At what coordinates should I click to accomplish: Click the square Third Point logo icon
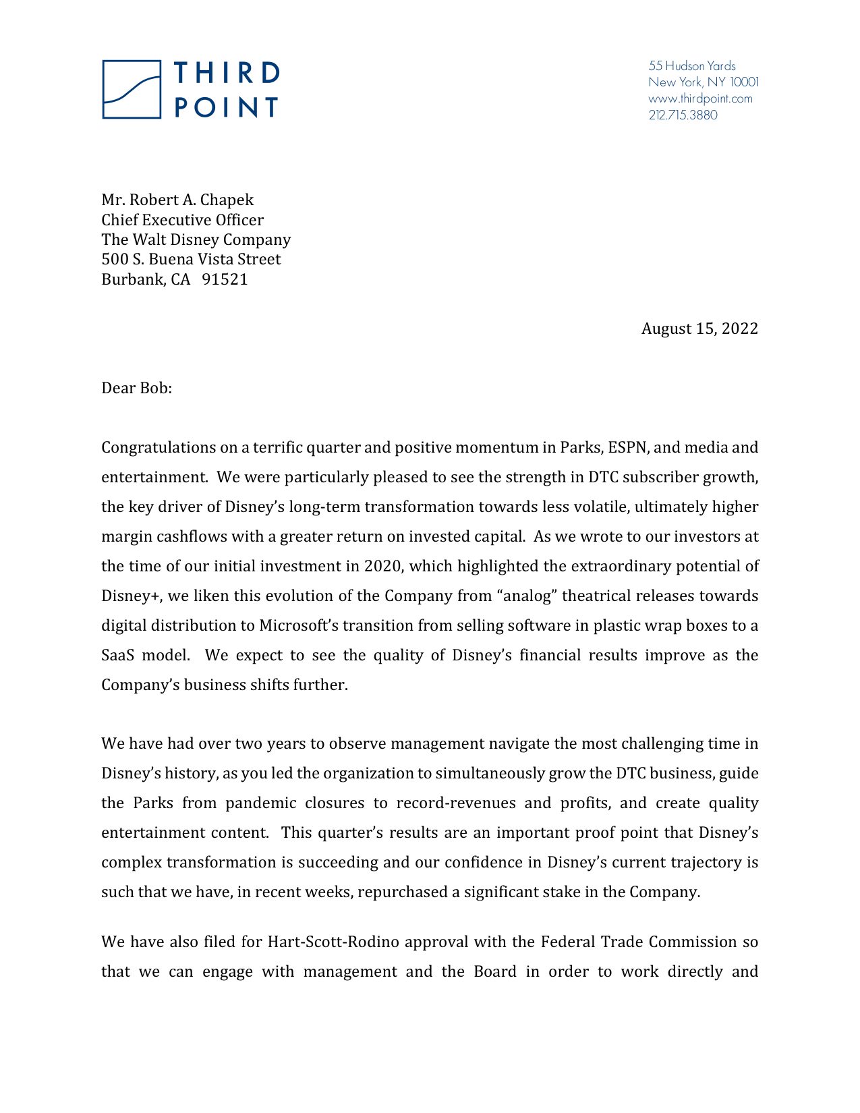click(132, 90)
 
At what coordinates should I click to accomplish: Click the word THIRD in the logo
click(227, 73)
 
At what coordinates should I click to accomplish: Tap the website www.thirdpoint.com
click(699, 98)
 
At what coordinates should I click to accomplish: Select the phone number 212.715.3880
click(683, 115)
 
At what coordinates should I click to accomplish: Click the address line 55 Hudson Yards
click(691, 66)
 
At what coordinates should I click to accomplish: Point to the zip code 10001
click(744, 82)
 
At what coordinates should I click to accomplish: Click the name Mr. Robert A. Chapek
click(177, 200)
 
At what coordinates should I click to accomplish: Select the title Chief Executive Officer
click(182, 220)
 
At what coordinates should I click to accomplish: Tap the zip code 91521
click(225, 279)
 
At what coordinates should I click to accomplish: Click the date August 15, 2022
click(699, 329)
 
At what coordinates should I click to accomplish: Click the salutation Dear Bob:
click(136, 388)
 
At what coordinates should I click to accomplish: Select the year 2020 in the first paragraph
click(382, 566)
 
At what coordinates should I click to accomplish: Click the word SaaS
click(117, 655)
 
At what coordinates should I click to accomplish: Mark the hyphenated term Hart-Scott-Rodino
click(333, 942)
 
